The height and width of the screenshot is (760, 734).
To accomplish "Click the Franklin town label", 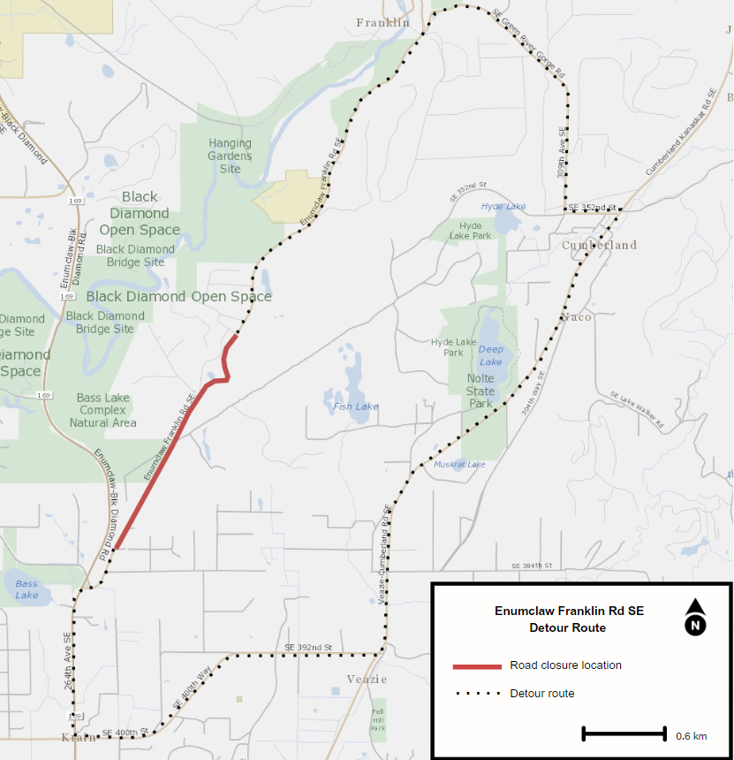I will (382, 23).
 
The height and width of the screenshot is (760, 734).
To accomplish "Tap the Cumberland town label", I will (599, 245).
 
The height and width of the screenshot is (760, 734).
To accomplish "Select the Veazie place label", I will (367, 679).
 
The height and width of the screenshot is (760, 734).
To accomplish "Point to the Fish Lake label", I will (356, 407).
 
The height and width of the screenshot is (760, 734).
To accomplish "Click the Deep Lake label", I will (490, 355).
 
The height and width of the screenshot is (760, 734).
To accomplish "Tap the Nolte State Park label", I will (481, 391).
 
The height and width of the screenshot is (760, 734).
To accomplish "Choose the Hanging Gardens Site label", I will (230, 156).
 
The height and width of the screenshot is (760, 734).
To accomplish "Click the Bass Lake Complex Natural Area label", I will (103, 410).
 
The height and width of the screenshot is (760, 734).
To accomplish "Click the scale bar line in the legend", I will (624, 733).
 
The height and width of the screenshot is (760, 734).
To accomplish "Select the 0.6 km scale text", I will (691, 736).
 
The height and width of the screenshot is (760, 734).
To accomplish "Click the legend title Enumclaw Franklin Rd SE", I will (569, 611).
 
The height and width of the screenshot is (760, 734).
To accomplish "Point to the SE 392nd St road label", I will (308, 648).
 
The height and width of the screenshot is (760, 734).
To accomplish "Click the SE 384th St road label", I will (531, 566).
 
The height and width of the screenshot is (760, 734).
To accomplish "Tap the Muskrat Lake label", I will (458, 465).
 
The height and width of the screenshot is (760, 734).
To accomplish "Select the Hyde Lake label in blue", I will (503, 207).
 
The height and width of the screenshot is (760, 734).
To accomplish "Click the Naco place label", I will (576, 316).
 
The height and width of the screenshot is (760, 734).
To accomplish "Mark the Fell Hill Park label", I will (377, 718).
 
